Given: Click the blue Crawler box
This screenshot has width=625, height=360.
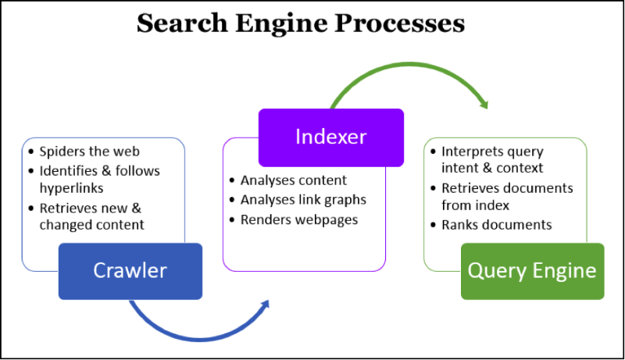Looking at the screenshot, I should [130, 271].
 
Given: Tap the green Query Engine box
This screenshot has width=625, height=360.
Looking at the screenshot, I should [531, 271].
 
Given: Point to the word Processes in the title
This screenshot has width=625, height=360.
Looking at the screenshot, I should [399, 23].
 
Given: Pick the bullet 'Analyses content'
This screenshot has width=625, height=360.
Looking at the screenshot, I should [293, 180].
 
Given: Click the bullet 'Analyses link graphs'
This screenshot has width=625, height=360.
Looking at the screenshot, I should [303, 200].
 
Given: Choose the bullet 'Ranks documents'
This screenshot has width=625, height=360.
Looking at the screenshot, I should [496, 225].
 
